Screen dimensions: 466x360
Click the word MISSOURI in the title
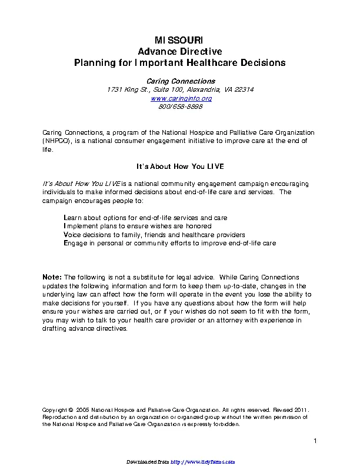(179, 40)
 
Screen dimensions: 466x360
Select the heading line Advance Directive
(179, 51)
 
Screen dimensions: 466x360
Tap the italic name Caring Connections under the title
(179, 81)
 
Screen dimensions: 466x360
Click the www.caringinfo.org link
(179, 98)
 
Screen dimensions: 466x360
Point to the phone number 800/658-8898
(179, 106)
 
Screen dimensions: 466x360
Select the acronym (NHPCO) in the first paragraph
(57, 141)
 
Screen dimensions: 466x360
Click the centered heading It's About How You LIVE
(179, 167)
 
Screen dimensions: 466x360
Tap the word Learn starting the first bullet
(73, 218)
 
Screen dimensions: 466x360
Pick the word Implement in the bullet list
(79, 226)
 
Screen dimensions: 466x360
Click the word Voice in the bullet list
(72, 234)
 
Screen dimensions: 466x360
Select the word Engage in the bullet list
(75, 242)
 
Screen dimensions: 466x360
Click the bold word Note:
(52, 277)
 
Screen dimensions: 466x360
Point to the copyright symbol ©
(71, 409)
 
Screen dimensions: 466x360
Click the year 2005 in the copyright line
(83, 409)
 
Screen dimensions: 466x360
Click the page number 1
(315, 441)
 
